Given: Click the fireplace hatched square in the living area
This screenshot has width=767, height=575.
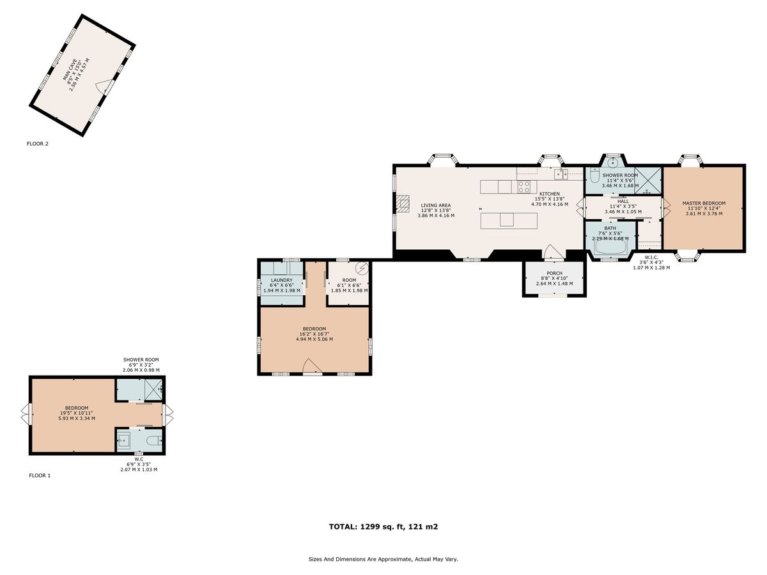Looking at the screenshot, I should [x=402, y=203].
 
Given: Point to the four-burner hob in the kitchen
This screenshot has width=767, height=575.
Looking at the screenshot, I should [x=524, y=187].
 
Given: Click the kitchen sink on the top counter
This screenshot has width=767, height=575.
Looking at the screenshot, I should [x=561, y=173].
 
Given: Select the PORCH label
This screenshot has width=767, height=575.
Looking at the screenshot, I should [x=554, y=273].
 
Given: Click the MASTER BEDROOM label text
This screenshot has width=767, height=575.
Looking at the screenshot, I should [x=703, y=204].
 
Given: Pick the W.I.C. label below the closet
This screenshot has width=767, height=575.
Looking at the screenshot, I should [x=651, y=258].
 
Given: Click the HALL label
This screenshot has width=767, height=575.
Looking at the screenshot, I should [x=623, y=201].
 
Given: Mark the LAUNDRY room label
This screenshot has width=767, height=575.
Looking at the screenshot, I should [x=281, y=280].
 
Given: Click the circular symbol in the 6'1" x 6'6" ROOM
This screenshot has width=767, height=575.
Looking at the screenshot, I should [x=362, y=268].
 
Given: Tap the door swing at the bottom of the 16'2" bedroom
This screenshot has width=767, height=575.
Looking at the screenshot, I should [x=311, y=366].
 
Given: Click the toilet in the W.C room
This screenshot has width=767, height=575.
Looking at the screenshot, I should [x=153, y=440].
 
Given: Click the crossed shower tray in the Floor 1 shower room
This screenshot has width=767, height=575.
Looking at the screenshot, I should [x=153, y=388].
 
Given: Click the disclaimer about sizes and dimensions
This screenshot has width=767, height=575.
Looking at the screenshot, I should [x=383, y=559].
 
